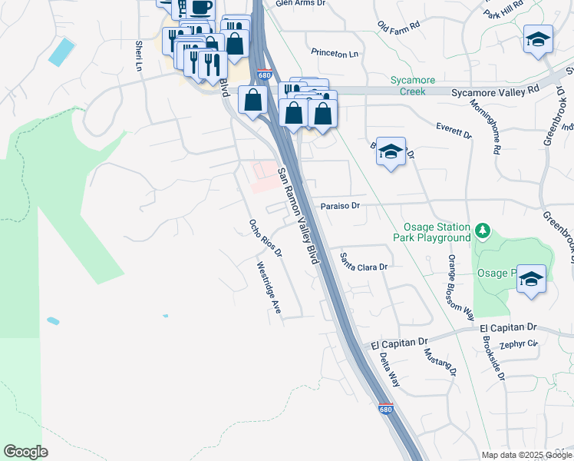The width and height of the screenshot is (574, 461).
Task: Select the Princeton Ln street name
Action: coord(335,54)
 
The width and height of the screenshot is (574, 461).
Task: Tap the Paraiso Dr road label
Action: coord(340,206)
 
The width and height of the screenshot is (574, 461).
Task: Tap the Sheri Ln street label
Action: coord(140,56)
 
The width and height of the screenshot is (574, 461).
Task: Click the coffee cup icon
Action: coord(200,8)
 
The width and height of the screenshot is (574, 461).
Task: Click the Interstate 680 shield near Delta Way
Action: coord(386,410)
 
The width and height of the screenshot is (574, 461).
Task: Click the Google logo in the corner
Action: coord(25,452)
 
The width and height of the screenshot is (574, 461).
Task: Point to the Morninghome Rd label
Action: coord(485,128)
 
